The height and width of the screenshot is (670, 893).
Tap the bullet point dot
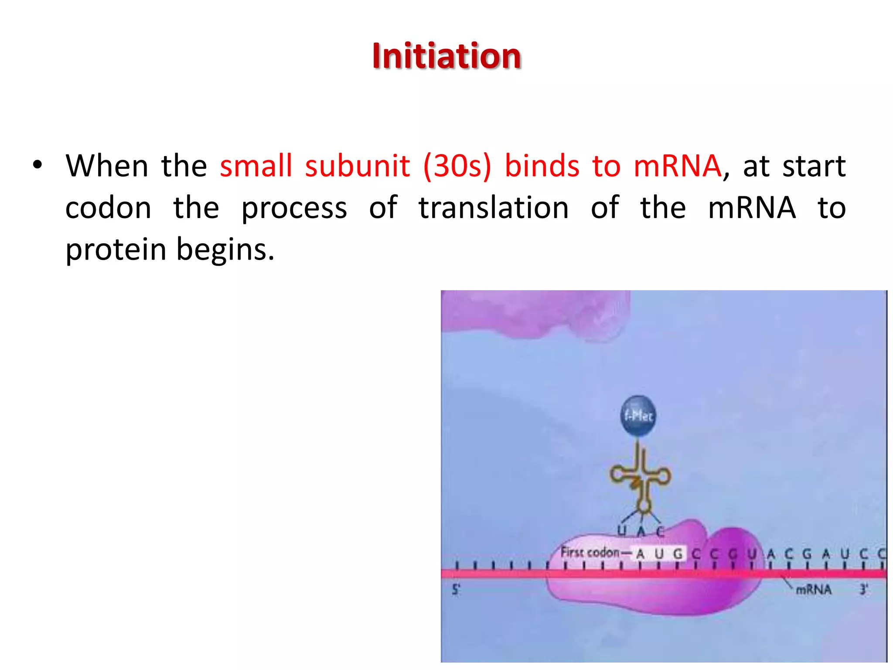[37, 165]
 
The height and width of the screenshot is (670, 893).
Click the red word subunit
[357, 166]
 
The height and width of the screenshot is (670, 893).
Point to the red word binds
[542, 166]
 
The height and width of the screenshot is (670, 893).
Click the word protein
[116, 250]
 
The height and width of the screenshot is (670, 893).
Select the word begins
[225, 250]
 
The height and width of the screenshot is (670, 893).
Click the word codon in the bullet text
[108, 208]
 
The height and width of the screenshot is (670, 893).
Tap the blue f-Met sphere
[638, 416]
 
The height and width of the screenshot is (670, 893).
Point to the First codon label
[590, 553]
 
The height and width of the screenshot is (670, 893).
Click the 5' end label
[456, 590]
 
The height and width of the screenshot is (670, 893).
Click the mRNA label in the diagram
[814, 590]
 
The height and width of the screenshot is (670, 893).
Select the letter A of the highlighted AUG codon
[640, 554]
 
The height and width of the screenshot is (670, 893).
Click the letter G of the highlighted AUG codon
[678, 554]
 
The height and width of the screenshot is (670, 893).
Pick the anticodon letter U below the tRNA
[622, 531]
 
